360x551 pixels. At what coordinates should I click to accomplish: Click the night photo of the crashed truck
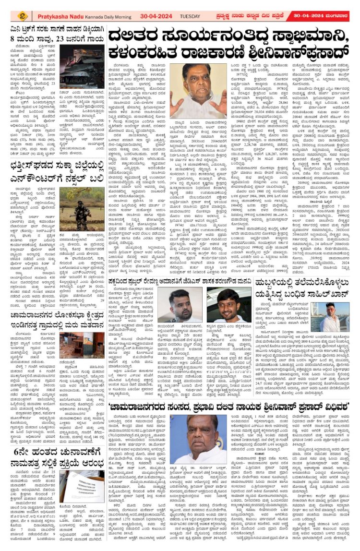point(82,72)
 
